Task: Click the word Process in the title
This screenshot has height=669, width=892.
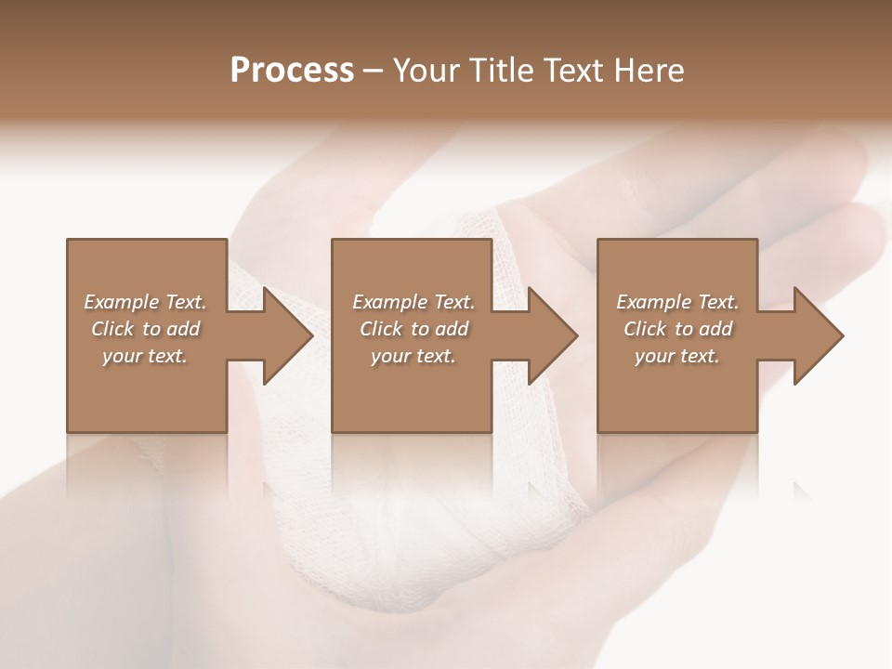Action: click(292, 71)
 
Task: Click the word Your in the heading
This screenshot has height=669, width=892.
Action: click(427, 71)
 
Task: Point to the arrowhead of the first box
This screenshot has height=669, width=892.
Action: click(288, 335)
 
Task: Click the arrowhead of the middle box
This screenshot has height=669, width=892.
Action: click(553, 335)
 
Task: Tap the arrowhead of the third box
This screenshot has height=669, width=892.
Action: click(819, 335)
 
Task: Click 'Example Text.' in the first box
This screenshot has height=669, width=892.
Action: click(145, 302)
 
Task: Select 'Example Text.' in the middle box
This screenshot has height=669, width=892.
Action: click(413, 302)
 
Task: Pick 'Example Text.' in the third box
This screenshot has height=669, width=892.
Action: click(677, 302)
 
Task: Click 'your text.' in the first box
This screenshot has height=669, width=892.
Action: click(145, 356)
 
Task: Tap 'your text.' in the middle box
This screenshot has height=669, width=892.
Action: click(413, 356)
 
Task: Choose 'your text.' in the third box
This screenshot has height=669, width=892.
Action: click(677, 356)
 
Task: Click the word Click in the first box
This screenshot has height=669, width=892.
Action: click(112, 329)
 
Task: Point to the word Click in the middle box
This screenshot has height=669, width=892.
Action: click(381, 329)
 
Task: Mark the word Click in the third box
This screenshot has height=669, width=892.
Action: click(645, 329)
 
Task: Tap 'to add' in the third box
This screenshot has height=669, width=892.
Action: click(705, 329)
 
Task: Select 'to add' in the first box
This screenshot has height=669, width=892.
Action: click(173, 329)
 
